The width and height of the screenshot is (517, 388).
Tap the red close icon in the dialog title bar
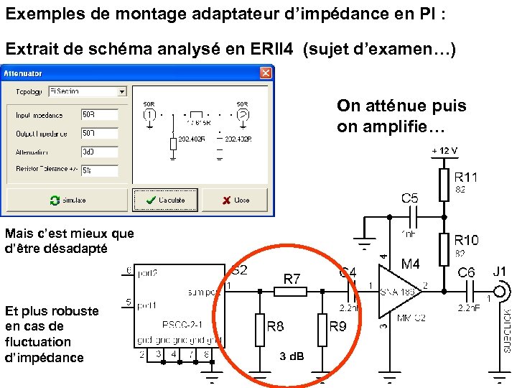pyautogui.click(x=266, y=73)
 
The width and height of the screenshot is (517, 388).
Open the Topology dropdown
pyautogui.click(x=122, y=91)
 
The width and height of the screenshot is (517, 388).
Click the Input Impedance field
pyautogui.click(x=99, y=115)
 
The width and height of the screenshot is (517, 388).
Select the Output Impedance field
pyautogui.click(x=99, y=134)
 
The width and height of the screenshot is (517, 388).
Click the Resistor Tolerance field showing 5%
pyautogui.click(x=99, y=171)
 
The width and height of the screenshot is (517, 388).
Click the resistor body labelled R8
pyautogui.click(x=260, y=330)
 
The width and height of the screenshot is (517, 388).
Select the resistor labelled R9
pyautogui.click(x=322, y=330)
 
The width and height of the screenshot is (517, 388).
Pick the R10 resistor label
pyautogui.click(x=467, y=239)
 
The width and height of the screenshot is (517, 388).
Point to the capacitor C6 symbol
pyautogui.click(x=467, y=292)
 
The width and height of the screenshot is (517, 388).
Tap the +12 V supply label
pyautogui.click(x=444, y=150)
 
